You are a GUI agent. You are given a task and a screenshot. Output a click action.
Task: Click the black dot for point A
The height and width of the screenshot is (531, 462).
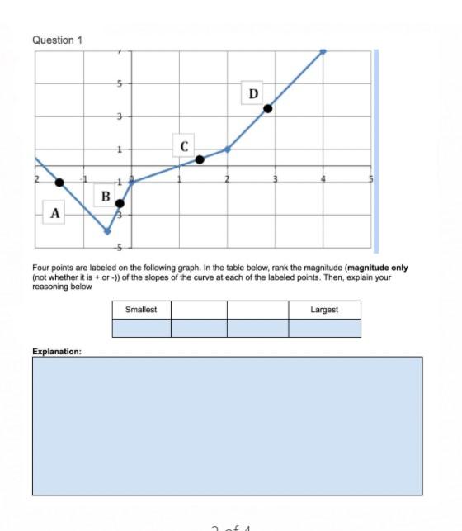(59, 182)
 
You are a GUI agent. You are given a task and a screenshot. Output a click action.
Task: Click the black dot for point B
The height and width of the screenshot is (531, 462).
(120, 203)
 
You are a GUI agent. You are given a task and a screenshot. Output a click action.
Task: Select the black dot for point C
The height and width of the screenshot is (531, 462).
(200, 160)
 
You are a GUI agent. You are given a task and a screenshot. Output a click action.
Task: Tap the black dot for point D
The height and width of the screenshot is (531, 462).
(267, 108)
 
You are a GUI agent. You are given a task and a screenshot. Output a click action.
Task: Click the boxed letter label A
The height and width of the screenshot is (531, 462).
(55, 213)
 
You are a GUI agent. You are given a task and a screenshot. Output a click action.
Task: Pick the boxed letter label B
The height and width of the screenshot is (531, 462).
(105, 196)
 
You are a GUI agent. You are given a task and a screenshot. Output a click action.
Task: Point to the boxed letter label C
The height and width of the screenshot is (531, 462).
(184, 145)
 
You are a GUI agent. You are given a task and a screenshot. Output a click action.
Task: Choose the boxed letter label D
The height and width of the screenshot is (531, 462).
(252, 92)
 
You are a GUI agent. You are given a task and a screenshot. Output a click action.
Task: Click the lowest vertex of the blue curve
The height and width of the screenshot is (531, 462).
(107, 231)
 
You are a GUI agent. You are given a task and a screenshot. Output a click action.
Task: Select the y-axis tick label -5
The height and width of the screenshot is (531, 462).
(118, 247)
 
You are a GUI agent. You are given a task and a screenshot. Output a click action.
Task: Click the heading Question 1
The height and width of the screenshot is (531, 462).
(57, 40)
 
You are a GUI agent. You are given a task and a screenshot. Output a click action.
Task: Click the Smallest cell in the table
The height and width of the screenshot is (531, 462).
(141, 310)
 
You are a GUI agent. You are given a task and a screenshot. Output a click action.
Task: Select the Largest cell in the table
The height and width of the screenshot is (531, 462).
(324, 310)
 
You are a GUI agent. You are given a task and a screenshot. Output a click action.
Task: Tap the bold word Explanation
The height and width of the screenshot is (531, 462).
(56, 351)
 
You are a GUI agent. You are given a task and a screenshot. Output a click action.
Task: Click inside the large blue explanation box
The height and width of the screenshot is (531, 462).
(227, 425)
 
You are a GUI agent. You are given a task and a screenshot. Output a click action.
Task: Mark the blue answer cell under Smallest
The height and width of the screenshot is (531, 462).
(141, 328)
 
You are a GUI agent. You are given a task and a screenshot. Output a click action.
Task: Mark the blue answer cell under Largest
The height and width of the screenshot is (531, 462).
(324, 328)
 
